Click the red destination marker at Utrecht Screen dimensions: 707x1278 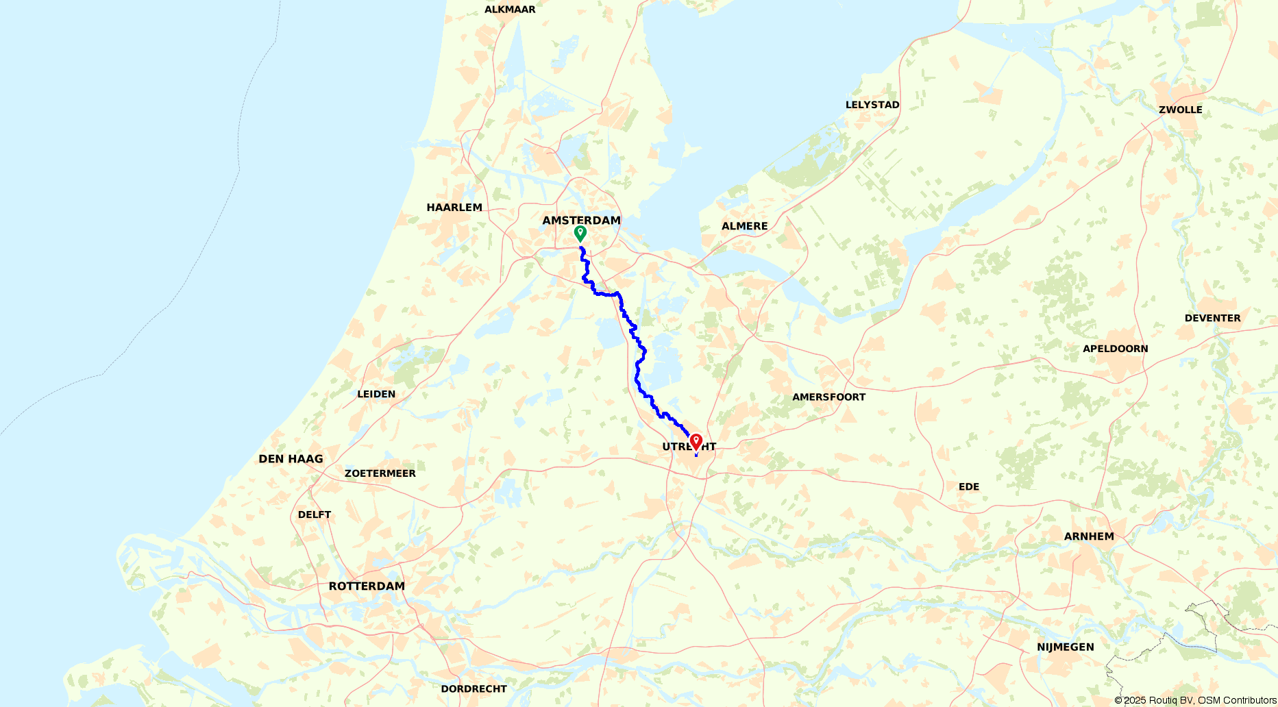click(696, 441)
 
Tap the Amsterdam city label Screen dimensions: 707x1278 click(581, 220)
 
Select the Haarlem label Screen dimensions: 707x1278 click(454, 208)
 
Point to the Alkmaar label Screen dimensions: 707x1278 click(510, 10)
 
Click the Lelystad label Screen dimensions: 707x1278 click(872, 105)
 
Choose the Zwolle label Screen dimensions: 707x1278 click(1180, 110)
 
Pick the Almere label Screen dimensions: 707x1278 click(744, 226)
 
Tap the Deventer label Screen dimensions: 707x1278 click(1212, 318)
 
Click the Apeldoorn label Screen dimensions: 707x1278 click(1115, 349)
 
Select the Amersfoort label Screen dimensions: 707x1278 click(828, 397)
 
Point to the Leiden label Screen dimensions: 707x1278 click(376, 394)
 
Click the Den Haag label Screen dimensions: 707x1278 click(291, 459)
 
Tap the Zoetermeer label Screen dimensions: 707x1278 click(380, 473)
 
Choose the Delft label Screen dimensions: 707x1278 click(315, 514)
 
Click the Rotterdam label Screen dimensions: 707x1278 click(367, 586)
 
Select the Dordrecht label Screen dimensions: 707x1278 click(474, 689)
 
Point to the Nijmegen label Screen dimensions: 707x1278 click(1065, 647)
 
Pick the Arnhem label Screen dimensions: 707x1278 click(1089, 536)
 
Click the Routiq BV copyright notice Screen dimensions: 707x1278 click(1195, 700)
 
